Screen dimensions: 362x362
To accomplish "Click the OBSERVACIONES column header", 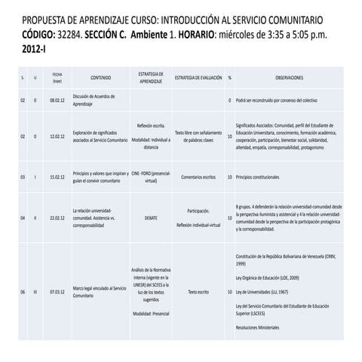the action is click(290, 78).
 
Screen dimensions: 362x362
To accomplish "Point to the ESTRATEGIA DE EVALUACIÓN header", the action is click(198, 78).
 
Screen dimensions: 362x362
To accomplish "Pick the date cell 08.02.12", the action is click(57, 100).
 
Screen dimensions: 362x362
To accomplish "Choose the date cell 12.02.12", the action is click(57, 137).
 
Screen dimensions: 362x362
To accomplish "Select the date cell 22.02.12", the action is click(57, 217).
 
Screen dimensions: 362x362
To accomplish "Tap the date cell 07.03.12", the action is click(57, 291).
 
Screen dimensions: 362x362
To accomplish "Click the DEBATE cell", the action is click(152, 217).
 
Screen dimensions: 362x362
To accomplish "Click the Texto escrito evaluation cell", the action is click(198, 291).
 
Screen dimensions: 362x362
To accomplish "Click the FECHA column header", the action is click(57, 78).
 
